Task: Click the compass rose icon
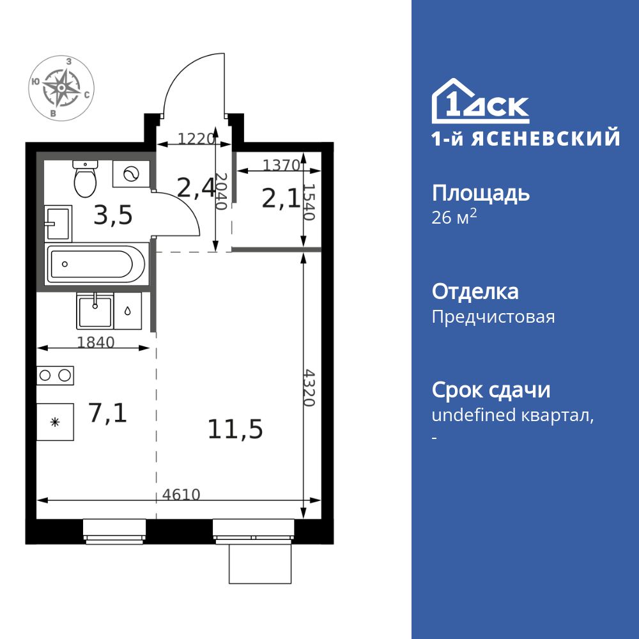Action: click(x=62, y=88)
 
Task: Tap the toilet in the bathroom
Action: click(x=84, y=179)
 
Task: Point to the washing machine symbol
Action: click(x=131, y=174)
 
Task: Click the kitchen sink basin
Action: click(x=95, y=311)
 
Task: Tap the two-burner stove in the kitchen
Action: click(x=55, y=375)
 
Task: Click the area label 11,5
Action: click(x=235, y=429)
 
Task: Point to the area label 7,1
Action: click(x=107, y=413)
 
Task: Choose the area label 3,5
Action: click(x=113, y=216)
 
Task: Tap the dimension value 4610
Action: click(x=181, y=494)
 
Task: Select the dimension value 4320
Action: click(x=309, y=387)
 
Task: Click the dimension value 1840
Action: click(x=95, y=343)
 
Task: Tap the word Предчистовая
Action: click(x=493, y=317)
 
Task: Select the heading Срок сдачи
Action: click(x=491, y=390)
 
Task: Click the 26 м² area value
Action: click(x=454, y=217)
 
